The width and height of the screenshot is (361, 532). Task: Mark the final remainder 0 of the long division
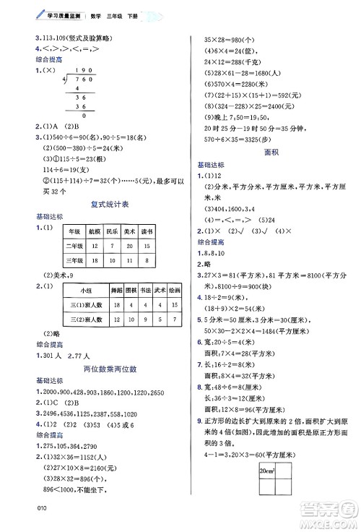(x=84, y=114)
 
